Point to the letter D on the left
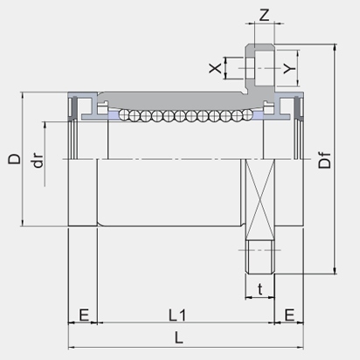pos(13,159)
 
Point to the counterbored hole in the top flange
pos(260,66)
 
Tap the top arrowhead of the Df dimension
pos(335,45)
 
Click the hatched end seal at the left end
pos(74,109)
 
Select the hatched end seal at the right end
pos(297,109)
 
